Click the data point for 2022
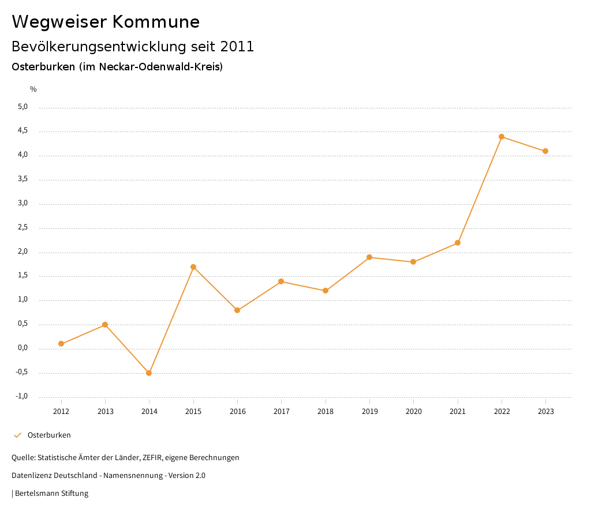click(x=502, y=137)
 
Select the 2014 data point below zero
click(x=149, y=373)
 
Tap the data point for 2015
click(x=193, y=267)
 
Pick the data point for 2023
click(x=545, y=151)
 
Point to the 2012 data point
click(x=61, y=344)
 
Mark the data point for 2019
click(x=369, y=257)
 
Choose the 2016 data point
click(x=237, y=310)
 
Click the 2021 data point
click(x=458, y=243)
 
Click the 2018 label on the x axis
click(x=326, y=411)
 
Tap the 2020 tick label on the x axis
click(x=414, y=411)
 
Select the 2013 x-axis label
click(x=105, y=411)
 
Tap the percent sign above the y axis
click(x=33, y=89)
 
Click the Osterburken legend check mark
click(x=17, y=435)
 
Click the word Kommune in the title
click(x=156, y=22)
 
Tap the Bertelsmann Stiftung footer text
click(x=51, y=493)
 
